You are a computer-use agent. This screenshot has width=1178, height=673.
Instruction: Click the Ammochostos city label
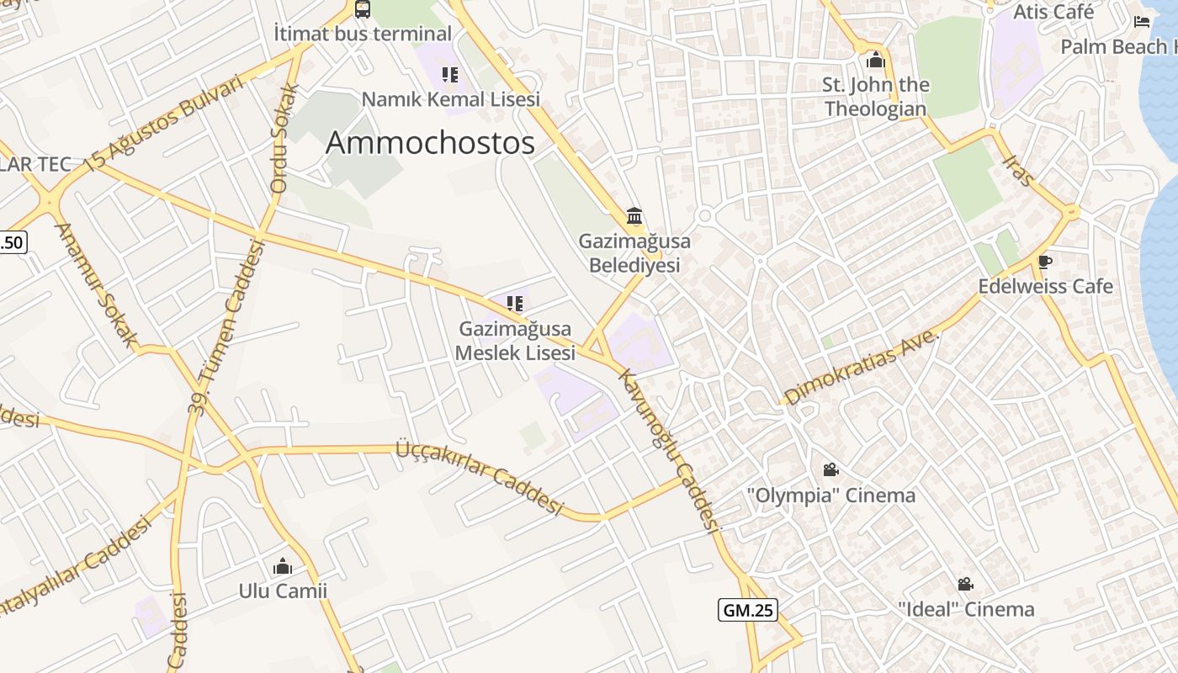430,143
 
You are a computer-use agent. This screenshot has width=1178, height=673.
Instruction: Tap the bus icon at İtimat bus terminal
363,9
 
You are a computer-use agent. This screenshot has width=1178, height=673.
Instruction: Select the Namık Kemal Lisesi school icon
450,75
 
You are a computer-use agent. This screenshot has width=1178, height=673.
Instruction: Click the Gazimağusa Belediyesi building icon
634,215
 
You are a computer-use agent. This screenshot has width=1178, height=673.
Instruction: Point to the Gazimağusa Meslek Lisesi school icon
515,303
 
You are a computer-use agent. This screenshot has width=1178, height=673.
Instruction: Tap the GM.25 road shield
747,610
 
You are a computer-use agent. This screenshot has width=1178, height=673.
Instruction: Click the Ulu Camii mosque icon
283,566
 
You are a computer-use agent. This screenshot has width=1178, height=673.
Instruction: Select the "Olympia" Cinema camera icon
830,469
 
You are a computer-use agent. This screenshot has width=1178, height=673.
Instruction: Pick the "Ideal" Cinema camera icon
965,584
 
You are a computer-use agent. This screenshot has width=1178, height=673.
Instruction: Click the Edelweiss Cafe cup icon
1045,262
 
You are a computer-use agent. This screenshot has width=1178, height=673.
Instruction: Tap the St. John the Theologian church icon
876,60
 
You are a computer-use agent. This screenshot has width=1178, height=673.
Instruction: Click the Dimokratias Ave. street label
861,367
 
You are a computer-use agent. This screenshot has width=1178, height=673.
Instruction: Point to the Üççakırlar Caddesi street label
479,478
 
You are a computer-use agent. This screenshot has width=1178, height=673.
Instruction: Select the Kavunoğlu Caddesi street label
669,450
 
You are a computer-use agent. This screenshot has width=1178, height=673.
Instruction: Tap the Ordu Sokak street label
284,139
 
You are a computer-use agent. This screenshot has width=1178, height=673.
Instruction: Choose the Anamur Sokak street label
96,284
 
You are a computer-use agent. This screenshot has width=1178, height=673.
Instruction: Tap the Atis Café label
1053,12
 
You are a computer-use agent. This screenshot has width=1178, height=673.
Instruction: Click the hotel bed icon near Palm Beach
1142,21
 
